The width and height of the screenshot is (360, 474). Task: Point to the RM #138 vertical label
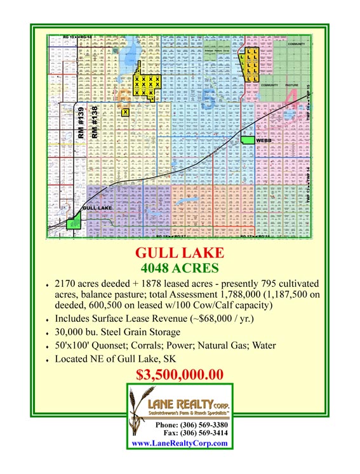[x=95, y=123]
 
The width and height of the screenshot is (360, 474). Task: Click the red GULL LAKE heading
[x=180, y=253]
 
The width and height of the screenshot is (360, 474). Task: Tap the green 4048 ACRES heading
[x=180, y=268]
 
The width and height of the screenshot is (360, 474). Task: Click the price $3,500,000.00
[x=180, y=374]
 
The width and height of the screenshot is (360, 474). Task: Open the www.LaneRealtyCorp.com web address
[x=180, y=443]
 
